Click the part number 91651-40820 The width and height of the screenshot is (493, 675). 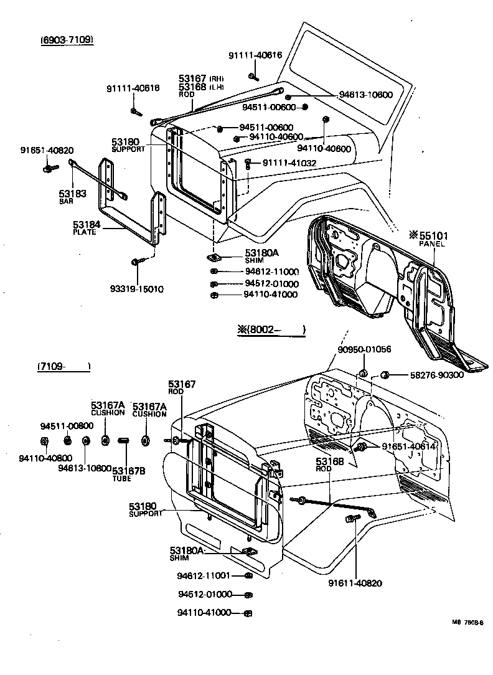(47, 150)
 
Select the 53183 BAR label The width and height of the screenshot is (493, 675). (72, 197)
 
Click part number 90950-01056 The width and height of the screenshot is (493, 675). (364, 349)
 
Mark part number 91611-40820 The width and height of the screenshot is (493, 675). (356, 583)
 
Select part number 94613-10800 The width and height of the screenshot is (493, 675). (85, 468)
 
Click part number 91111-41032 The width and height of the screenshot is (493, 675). (289, 163)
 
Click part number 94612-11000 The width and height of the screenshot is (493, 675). (272, 272)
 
